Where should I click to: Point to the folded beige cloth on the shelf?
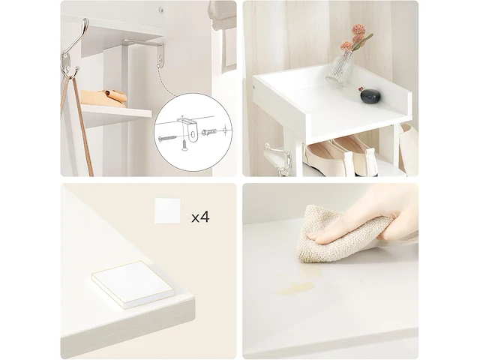[104, 97]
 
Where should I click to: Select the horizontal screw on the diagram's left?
[167, 138]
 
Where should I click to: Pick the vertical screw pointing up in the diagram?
[184, 145]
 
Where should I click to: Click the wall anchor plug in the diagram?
[209, 132]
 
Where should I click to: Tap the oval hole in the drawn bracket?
[193, 134]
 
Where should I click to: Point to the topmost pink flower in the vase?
[358, 29]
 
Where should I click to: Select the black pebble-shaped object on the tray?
[370, 95]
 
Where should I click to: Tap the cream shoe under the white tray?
[326, 158]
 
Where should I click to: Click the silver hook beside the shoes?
[279, 159]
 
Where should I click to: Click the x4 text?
[200, 217]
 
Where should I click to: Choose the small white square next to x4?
[167, 211]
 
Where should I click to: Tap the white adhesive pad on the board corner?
[133, 284]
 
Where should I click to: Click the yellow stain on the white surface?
[296, 288]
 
